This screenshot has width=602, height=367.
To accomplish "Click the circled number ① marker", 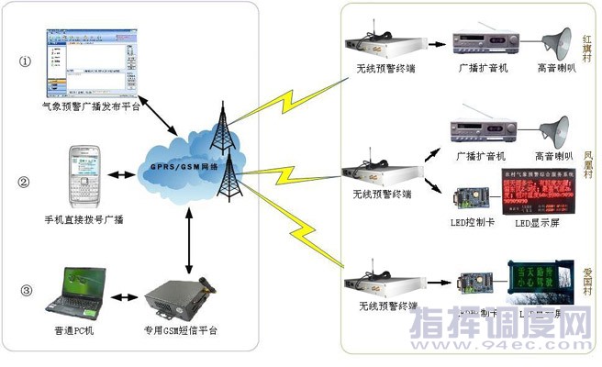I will tap(26, 61).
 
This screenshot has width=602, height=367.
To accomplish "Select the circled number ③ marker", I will tap(26, 292).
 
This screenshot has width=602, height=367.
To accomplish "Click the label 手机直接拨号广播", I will tap(84, 218).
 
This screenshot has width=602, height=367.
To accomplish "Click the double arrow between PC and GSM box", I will tap(124, 299).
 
